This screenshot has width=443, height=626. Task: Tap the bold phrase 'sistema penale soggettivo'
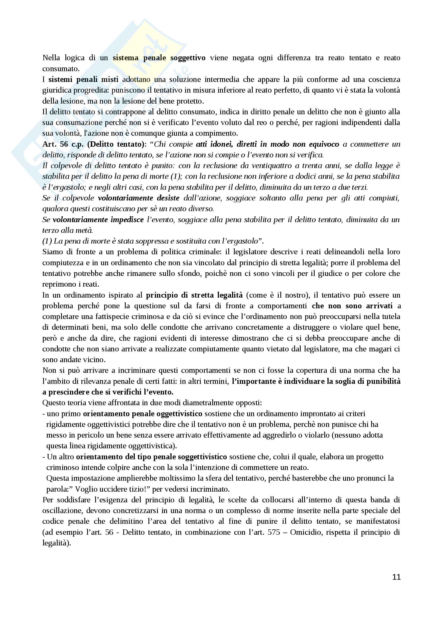coord(159,58)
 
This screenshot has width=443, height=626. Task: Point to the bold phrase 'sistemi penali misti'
coord(83,79)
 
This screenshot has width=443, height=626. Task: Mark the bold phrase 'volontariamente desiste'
coord(139,198)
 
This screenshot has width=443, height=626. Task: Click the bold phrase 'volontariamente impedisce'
coord(98,219)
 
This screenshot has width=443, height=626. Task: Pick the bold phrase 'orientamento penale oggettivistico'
coord(143,413)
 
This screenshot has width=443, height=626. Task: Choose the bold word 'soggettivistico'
coord(202,457)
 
